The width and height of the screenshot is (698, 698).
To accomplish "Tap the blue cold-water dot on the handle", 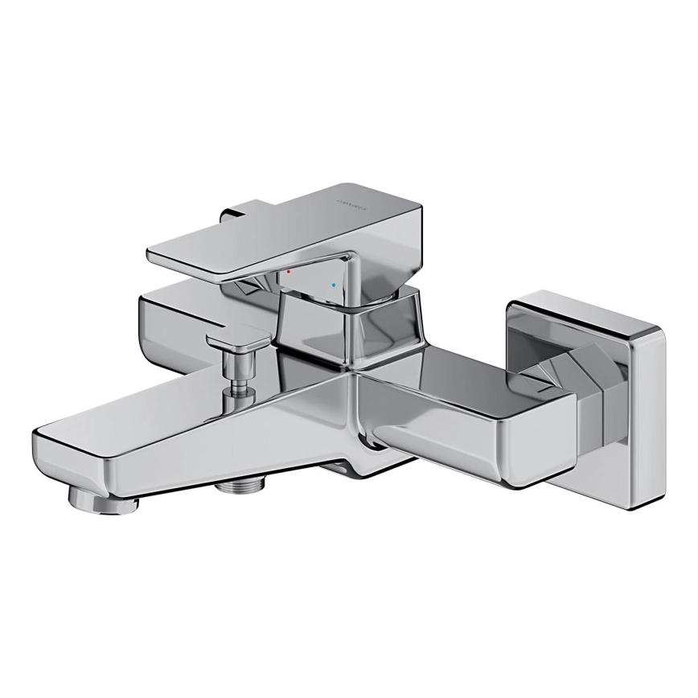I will point(333,285).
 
